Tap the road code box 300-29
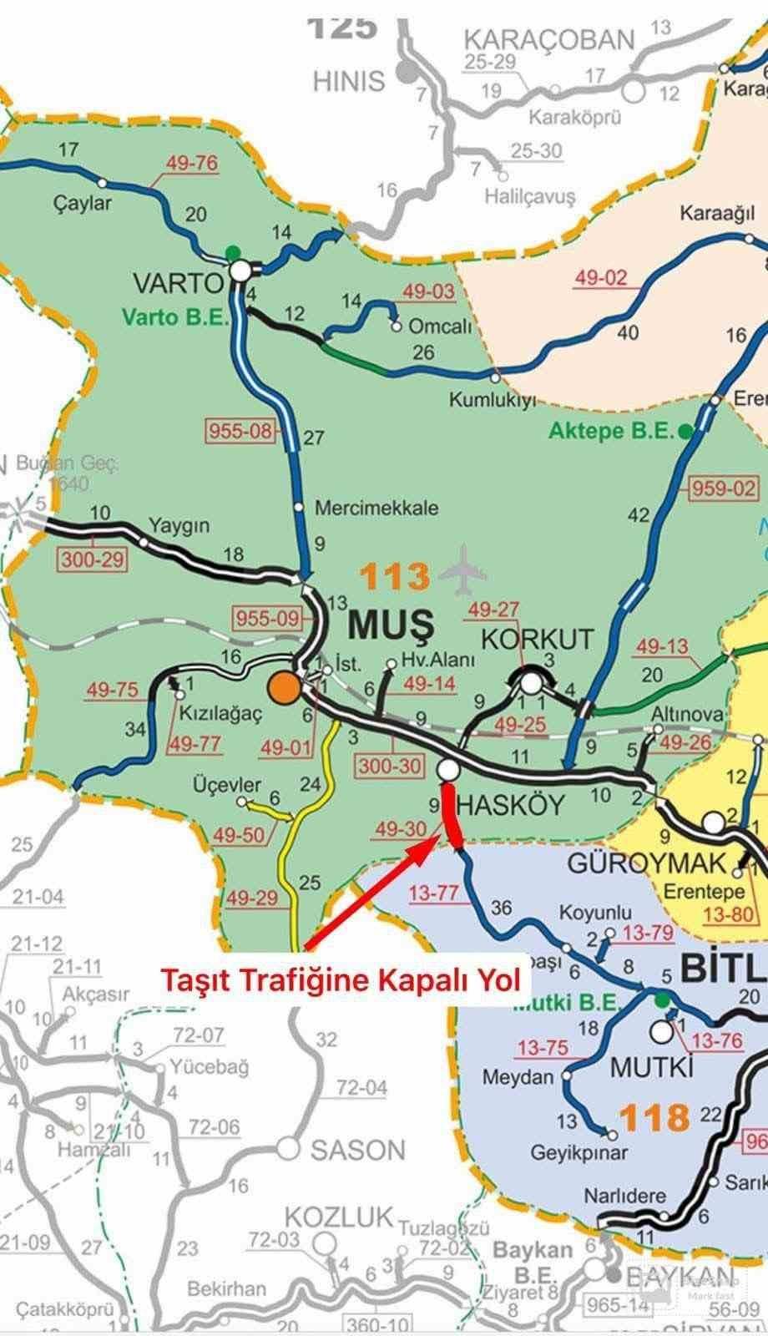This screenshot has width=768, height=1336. [x=92, y=559]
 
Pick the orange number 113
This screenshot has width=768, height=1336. [x=396, y=576]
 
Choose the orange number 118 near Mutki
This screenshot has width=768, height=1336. [x=654, y=1117]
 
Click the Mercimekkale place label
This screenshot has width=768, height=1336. [x=376, y=508]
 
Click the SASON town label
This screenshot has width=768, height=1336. [x=357, y=1151]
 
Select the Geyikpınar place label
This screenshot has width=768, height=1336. [x=568, y=1153]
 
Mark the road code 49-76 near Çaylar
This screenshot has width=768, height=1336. [x=192, y=164]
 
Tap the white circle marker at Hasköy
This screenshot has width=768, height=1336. [x=447, y=769]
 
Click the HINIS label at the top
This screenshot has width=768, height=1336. [x=349, y=82]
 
